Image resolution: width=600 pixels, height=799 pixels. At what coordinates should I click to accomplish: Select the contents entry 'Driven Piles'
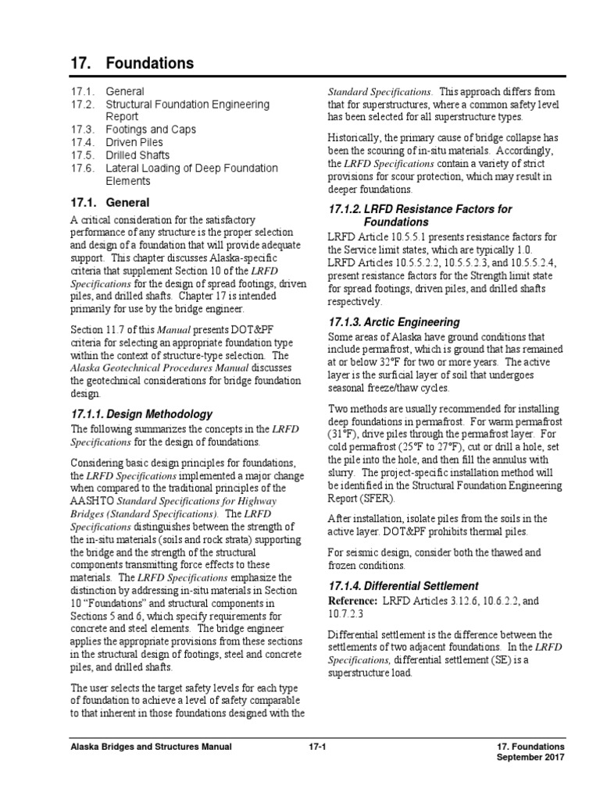[134, 142]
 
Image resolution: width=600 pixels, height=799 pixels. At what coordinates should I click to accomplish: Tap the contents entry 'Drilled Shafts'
[137, 155]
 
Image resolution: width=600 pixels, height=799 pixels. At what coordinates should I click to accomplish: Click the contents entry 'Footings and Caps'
[151, 130]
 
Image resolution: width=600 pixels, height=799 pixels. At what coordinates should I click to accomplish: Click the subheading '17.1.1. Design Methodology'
[141, 414]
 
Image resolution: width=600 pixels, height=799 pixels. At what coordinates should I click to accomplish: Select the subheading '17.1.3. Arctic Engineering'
[394, 322]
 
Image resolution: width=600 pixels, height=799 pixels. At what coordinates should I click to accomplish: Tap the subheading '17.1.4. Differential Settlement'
[403, 585]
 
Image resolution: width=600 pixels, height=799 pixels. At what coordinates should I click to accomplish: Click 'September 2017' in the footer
[530, 759]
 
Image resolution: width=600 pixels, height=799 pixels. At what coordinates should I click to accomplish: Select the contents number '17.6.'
[82, 168]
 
